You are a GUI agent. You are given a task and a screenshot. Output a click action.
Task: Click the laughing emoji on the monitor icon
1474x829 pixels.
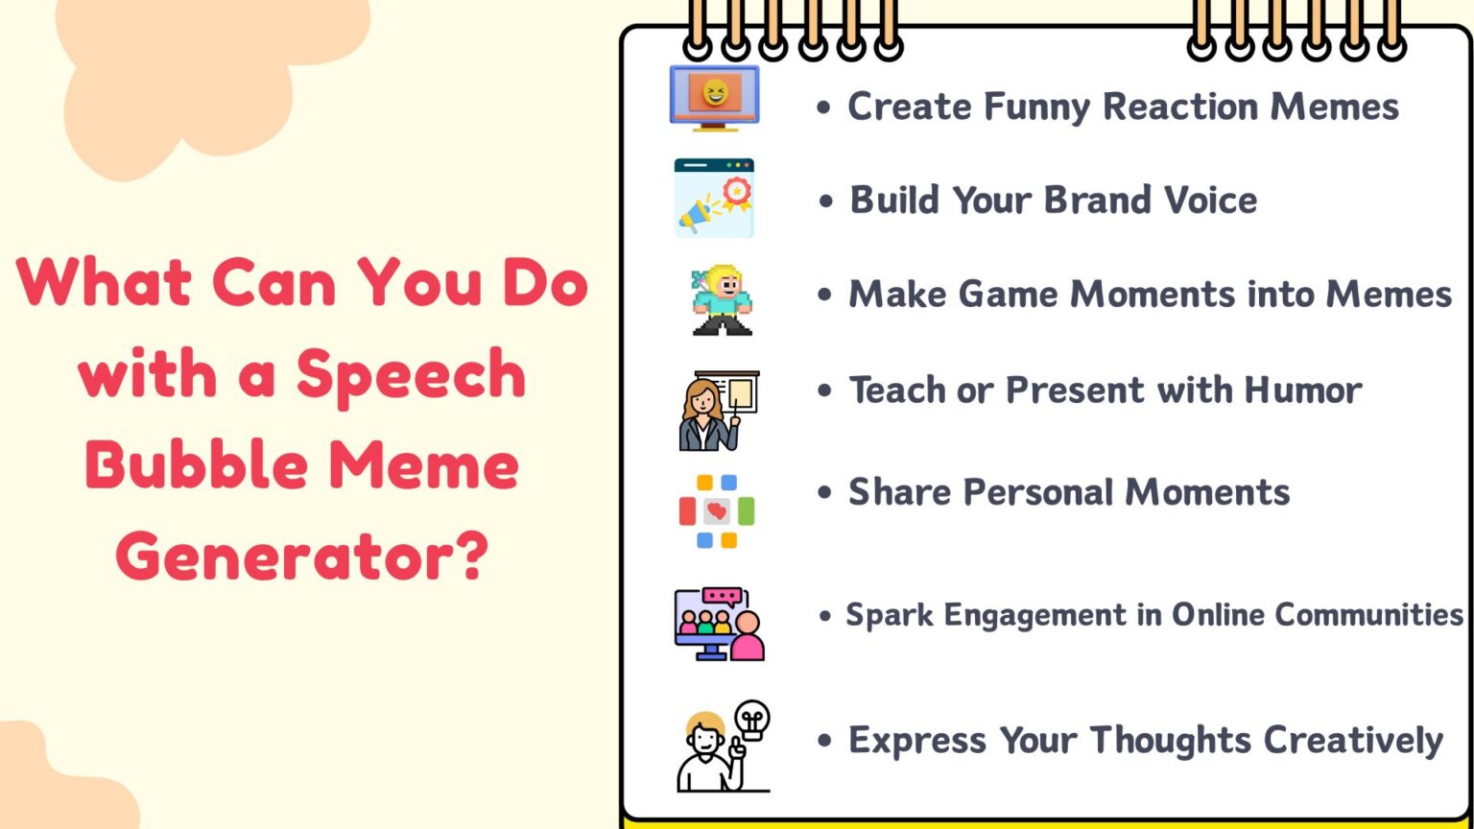coord(715,93)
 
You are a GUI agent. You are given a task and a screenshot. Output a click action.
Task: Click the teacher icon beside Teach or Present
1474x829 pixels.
coord(710,413)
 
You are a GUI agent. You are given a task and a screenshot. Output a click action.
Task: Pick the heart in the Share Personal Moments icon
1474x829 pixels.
coord(716,510)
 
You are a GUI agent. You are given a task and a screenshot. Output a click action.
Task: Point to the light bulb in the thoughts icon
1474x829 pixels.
coord(751,719)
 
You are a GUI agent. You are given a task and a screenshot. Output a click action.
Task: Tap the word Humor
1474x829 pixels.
coord(1302,391)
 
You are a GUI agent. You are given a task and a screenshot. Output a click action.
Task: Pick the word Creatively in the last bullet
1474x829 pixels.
coord(1353,741)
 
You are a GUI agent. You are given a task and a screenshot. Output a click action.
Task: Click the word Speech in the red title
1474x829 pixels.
coord(411,374)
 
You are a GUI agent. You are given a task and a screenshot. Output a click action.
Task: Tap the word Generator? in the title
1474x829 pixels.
coord(302,557)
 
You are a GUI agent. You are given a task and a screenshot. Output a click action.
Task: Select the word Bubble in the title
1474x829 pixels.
coord(196,465)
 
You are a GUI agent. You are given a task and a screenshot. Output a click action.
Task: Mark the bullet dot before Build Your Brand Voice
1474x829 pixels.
coord(826,201)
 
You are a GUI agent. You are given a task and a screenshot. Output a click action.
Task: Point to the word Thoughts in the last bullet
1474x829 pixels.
coord(1170,741)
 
